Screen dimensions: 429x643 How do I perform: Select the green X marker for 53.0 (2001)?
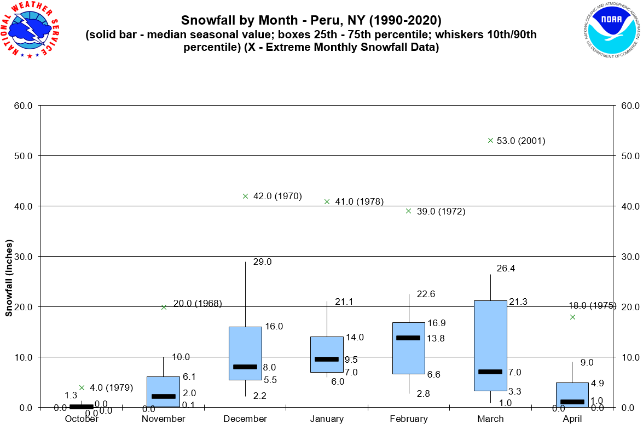(x=490, y=140)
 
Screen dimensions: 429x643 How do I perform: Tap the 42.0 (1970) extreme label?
(x=277, y=196)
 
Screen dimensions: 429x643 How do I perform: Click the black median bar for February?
(x=409, y=338)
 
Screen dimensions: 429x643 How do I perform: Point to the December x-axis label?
(x=245, y=419)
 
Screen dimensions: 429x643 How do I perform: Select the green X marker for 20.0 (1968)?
(x=164, y=307)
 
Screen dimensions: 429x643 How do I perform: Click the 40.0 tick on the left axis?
(x=24, y=206)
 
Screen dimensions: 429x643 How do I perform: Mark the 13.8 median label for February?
(x=436, y=339)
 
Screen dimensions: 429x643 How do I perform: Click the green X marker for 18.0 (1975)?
(x=572, y=317)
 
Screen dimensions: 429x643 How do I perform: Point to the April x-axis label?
(x=572, y=419)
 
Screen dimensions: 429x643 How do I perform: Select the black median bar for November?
(x=164, y=396)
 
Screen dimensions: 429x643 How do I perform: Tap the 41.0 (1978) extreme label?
(x=359, y=202)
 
